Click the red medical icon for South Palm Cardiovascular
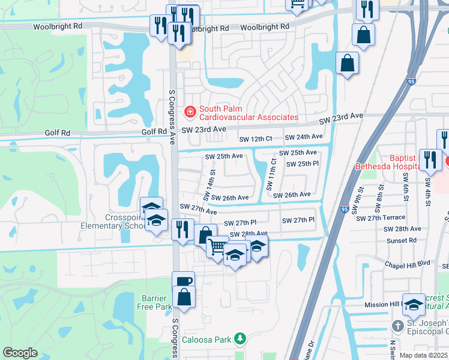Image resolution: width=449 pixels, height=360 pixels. [x=190, y=111]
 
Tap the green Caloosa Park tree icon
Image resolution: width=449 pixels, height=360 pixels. [x=240, y=339]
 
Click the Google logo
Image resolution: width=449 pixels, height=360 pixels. [x=20, y=353]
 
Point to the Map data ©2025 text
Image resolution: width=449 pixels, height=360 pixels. [x=423, y=355]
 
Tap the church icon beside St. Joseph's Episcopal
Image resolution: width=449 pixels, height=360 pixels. [x=397, y=326]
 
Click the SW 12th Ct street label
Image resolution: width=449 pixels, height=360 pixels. [x=256, y=139]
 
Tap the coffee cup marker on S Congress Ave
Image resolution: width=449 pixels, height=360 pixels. [x=184, y=281]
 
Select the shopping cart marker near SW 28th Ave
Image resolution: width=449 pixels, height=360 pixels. [x=217, y=246]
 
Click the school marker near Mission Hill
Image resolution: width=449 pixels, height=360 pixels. [x=414, y=304]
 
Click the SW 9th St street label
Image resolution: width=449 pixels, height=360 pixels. [x=360, y=203]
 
